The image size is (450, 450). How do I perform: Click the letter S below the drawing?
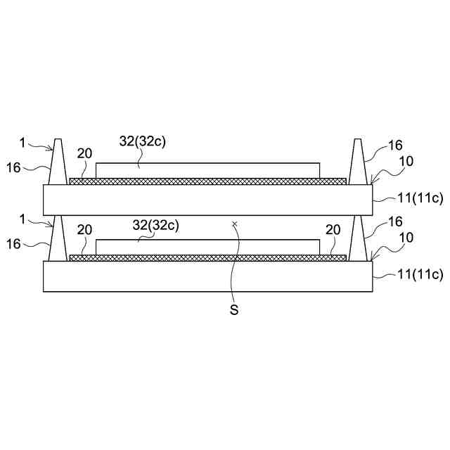coord(234,310)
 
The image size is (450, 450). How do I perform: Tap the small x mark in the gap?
coord(235,223)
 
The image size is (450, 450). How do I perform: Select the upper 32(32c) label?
coord(143,141)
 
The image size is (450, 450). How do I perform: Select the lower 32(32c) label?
coord(156,225)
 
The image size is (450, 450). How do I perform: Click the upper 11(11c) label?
coord(420,198)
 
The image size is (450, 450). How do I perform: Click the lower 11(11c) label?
coord(420,274)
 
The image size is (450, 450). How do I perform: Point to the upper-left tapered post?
coord(58,162)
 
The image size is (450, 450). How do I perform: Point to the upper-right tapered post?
coord(358,162)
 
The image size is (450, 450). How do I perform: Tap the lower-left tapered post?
coord(58,238)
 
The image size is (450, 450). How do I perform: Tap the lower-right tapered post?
coord(358,238)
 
